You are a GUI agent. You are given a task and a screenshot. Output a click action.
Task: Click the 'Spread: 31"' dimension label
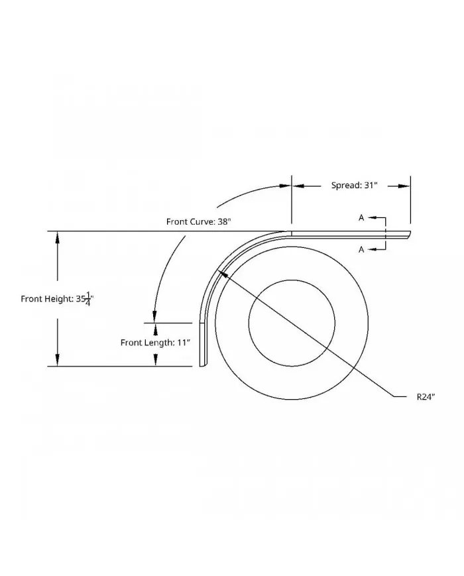pyautogui.click(x=355, y=186)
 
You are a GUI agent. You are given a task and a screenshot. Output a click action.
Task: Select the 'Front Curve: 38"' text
pyautogui.click(x=198, y=222)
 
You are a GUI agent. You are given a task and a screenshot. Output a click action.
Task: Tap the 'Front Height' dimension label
pyautogui.click(x=57, y=299)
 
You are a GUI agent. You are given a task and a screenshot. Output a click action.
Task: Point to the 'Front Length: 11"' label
pyautogui.click(x=155, y=343)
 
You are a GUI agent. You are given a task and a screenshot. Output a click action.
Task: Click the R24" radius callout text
pyautogui.click(x=425, y=396)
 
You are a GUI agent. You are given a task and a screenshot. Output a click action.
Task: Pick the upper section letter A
pyautogui.click(x=361, y=217)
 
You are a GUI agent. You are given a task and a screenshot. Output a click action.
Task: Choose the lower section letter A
pyautogui.click(x=361, y=249)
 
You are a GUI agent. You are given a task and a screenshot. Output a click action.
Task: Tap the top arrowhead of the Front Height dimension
pyautogui.click(x=58, y=237)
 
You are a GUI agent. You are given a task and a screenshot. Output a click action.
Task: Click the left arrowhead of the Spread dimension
pyautogui.click(x=298, y=186)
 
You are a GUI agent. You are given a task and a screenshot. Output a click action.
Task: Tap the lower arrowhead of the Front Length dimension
pyautogui.click(x=155, y=360)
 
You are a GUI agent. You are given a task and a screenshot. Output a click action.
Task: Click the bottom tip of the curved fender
pyautogui.click(x=203, y=365)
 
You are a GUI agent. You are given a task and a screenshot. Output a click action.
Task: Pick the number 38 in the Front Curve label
pyautogui.click(x=223, y=222)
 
